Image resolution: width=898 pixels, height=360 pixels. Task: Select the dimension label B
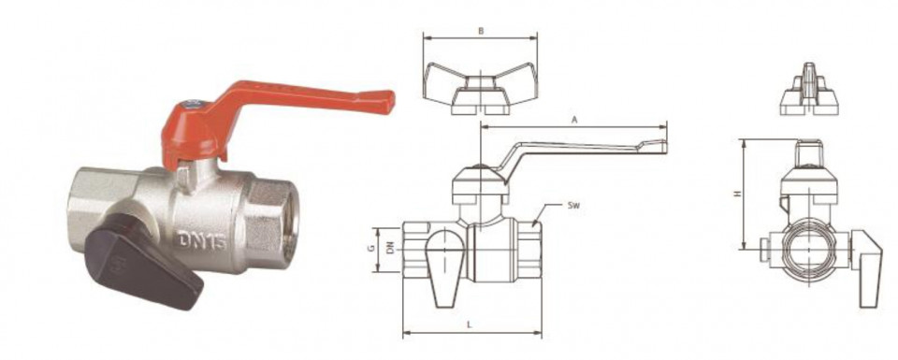pos(481,32)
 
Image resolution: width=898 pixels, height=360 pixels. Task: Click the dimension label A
pos(573,120)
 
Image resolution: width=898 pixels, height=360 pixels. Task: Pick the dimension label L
pos(470,324)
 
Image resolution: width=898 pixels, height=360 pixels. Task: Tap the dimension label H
pos(738,194)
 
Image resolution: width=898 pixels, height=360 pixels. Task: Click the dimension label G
pos(371,249)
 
